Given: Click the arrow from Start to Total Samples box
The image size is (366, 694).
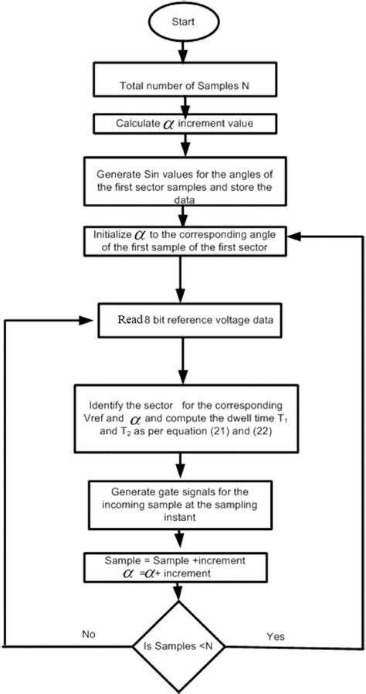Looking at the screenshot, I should (183, 52).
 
